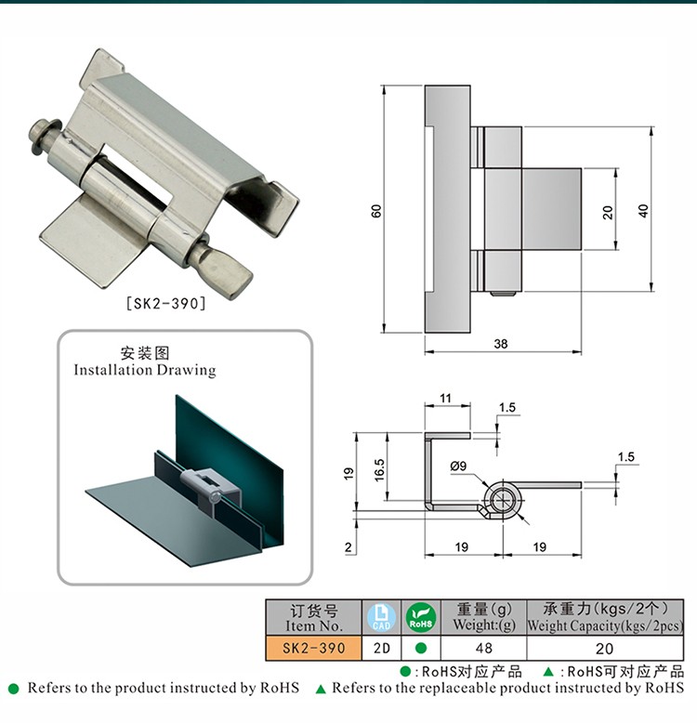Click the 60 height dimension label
click(376, 211)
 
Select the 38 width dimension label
click(501, 344)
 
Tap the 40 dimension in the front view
click(643, 211)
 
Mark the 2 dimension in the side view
click(348, 547)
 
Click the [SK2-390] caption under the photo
click(165, 302)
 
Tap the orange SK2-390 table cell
click(313, 648)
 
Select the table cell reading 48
click(483, 648)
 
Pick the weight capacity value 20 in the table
click(604, 648)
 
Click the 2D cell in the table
click(381, 648)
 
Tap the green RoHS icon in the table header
click(421, 617)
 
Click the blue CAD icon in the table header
click(381, 617)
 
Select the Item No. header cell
click(313, 618)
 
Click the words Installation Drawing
click(145, 370)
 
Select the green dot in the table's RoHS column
click(421, 648)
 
